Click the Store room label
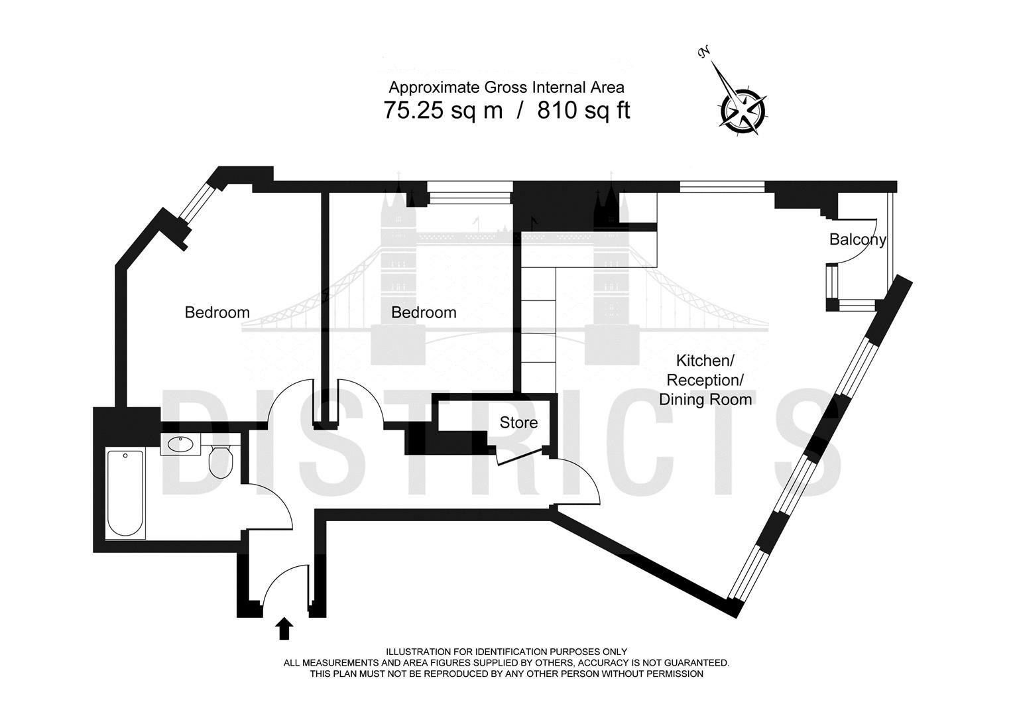click(x=518, y=422)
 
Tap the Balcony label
click(x=857, y=239)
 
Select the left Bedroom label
click(x=217, y=312)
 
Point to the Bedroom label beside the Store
click(x=424, y=312)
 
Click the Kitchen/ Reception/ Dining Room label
click(x=705, y=380)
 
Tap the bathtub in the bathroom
click(x=125, y=493)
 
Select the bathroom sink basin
click(x=180, y=444)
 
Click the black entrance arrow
click(x=284, y=628)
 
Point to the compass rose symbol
click(x=742, y=111)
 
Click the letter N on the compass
click(x=703, y=53)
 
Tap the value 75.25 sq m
click(x=443, y=110)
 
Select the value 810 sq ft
click(x=583, y=110)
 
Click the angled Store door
click(x=520, y=457)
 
